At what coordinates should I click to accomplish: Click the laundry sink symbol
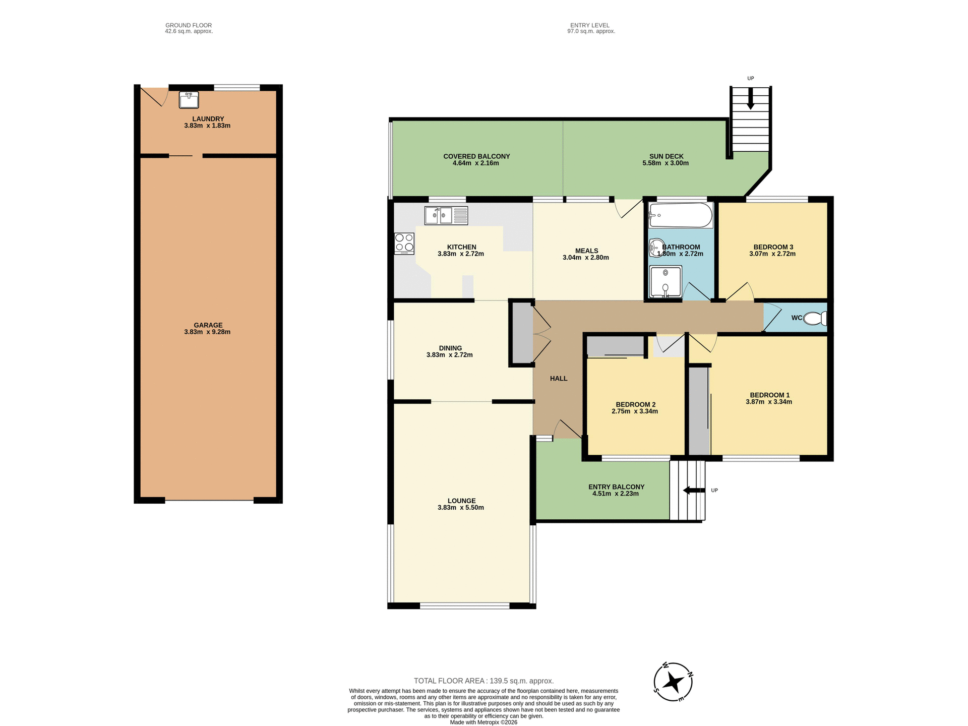point(189,99)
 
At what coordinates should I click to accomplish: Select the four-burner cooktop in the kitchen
point(404,243)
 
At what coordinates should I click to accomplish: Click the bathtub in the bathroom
point(680,215)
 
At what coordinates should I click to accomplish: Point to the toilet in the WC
point(814,318)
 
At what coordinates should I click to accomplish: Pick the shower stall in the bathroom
point(665,281)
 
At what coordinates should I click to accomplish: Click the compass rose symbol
point(673,682)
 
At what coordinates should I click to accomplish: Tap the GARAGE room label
point(208,325)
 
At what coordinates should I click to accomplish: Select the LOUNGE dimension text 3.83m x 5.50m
point(460,508)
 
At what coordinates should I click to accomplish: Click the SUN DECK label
point(666,156)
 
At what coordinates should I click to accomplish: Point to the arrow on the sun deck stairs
point(750,99)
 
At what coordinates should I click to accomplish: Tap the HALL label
point(558,378)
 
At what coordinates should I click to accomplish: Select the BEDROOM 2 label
point(635,404)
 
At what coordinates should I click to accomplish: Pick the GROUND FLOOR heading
point(189,25)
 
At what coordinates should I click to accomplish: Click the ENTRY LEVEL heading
point(589,25)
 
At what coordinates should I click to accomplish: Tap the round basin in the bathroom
point(656,248)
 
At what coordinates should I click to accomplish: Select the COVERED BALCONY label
point(476,156)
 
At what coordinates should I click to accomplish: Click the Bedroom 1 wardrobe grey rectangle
point(698,411)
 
